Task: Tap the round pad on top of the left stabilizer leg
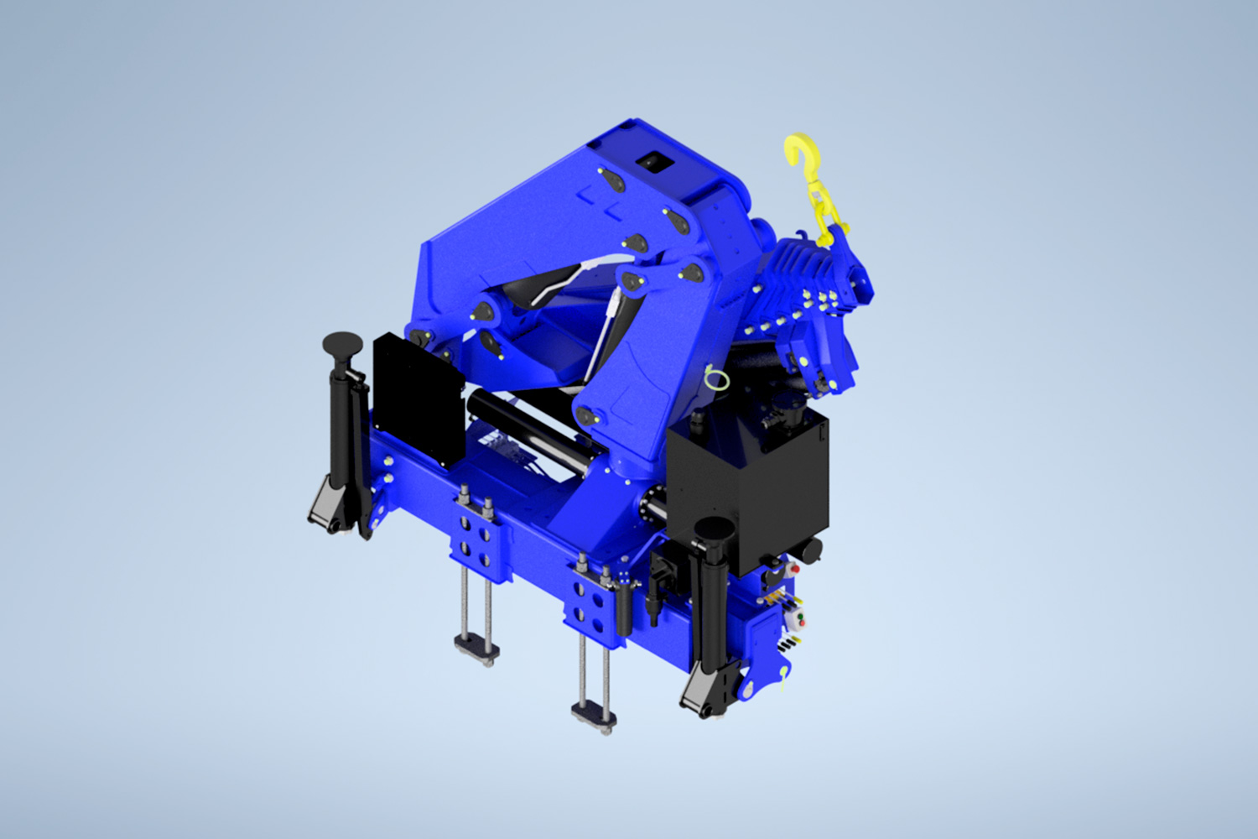(x=342, y=341)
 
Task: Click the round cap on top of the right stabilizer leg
(x=715, y=528)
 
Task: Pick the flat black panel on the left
(x=418, y=399)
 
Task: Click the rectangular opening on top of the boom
(x=654, y=162)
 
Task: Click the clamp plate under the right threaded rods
(x=594, y=715)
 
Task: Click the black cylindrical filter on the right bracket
(x=624, y=608)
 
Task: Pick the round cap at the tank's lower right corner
(x=810, y=550)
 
